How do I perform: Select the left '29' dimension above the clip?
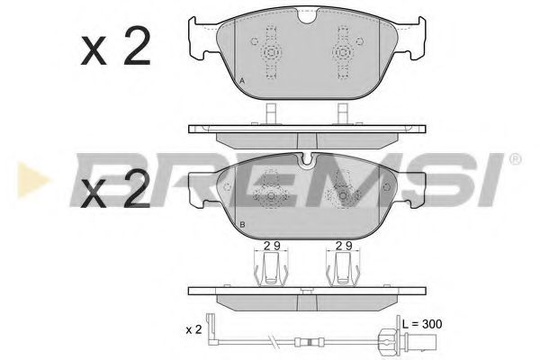[x=272, y=246]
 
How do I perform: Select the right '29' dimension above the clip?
[x=342, y=246]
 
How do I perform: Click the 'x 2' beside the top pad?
[x=115, y=49]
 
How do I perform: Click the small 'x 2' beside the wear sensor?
[x=193, y=330]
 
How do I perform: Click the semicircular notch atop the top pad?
[x=307, y=16]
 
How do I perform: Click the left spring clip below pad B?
[x=271, y=266]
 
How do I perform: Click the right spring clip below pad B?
[x=342, y=266]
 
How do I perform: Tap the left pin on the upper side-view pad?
[x=271, y=114]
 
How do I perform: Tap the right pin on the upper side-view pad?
[x=342, y=114]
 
